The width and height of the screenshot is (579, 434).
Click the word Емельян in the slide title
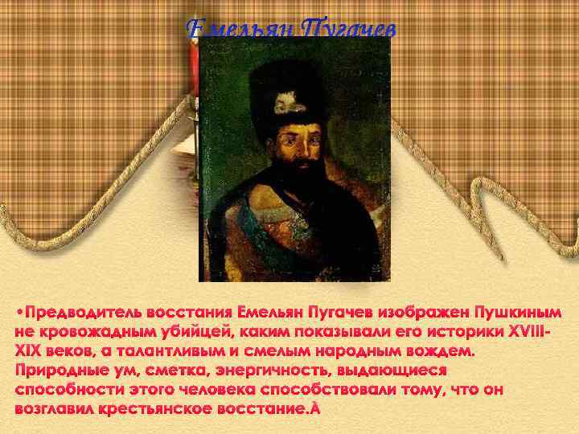(239, 30)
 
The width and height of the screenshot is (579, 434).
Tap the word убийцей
(190, 331)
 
